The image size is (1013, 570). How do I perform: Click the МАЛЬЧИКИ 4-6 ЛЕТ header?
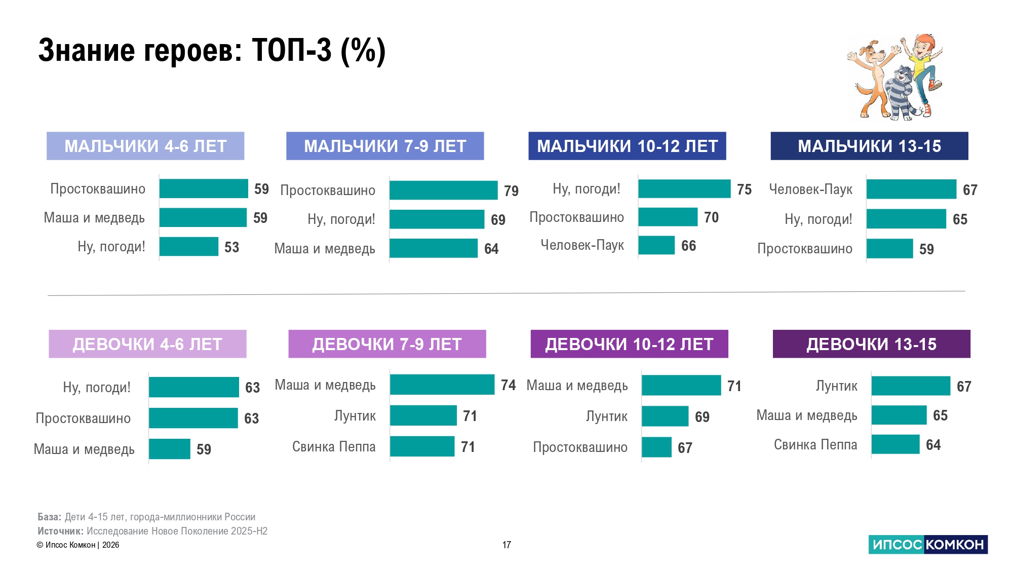[145, 146]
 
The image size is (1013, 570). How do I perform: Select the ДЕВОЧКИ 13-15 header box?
[871, 344]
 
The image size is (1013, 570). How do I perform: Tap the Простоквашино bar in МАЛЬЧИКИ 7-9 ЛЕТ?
[443, 191]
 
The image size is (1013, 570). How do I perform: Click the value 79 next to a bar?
[511, 191]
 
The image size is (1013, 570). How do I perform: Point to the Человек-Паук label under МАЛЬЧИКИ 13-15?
[810, 189]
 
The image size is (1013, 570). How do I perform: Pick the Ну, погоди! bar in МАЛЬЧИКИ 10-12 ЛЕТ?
[684, 189]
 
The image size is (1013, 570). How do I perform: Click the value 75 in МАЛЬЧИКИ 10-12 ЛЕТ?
[744, 189]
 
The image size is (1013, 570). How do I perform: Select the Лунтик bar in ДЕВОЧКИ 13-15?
[911, 386]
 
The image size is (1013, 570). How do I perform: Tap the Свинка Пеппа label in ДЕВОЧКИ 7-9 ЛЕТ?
[334, 447]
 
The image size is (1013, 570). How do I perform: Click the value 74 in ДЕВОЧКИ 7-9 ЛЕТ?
[508, 386]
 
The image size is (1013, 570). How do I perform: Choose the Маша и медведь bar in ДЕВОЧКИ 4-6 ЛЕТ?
[170, 449]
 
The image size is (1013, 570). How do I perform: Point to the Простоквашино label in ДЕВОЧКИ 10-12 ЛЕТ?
[580, 447]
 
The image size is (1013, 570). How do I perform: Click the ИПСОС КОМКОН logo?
[928, 545]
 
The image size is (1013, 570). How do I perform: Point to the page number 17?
[506, 545]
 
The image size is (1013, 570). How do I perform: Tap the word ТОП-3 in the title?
[291, 51]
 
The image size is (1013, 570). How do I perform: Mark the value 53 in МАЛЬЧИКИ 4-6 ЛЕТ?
[231, 247]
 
